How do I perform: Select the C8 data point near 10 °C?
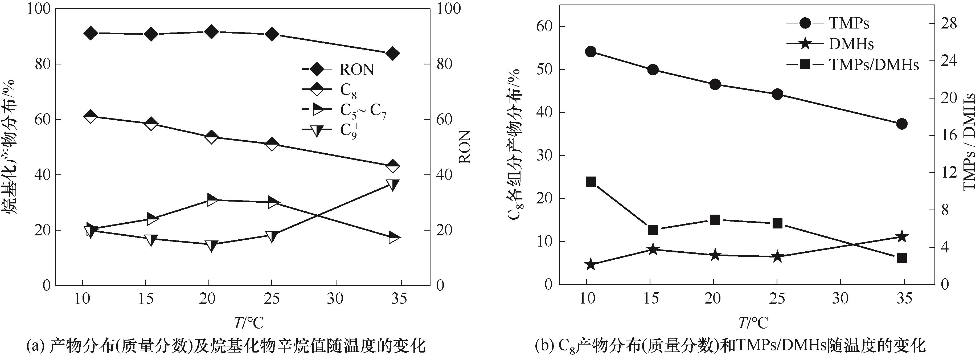(x=91, y=116)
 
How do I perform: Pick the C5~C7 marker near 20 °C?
(x=212, y=200)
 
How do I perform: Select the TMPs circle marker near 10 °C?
(x=591, y=52)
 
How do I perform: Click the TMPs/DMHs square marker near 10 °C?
(x=591, y=182)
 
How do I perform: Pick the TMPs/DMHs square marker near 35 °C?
(x=902, y=258)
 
